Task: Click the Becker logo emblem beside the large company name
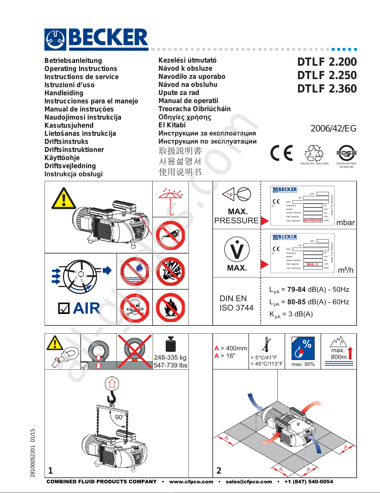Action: (x=55, y=40)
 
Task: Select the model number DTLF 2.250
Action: (x=327, y=75)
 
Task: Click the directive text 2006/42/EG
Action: (x=333, y=128)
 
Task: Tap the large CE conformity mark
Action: (x=281, y=153)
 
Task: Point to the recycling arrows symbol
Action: (x=314, y=153)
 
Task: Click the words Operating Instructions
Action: (x=81, y=69)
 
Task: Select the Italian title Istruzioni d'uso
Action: (x=69, y=85)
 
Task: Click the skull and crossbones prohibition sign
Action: (x=135, y=307)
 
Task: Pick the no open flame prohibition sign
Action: (x=170, y=307)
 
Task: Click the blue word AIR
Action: (x=86, y=308)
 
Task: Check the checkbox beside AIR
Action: (x=64, y=308)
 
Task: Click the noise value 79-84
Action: (x=296, y=290)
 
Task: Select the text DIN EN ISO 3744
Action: (x=236, y=303)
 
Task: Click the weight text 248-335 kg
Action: (x=170, y=358)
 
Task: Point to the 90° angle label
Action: (x=120, y=417)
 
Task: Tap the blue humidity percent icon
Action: (x=303, y=348)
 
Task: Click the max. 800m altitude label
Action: (x=338, y=354)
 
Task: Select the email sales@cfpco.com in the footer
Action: (x=249, y=482)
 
